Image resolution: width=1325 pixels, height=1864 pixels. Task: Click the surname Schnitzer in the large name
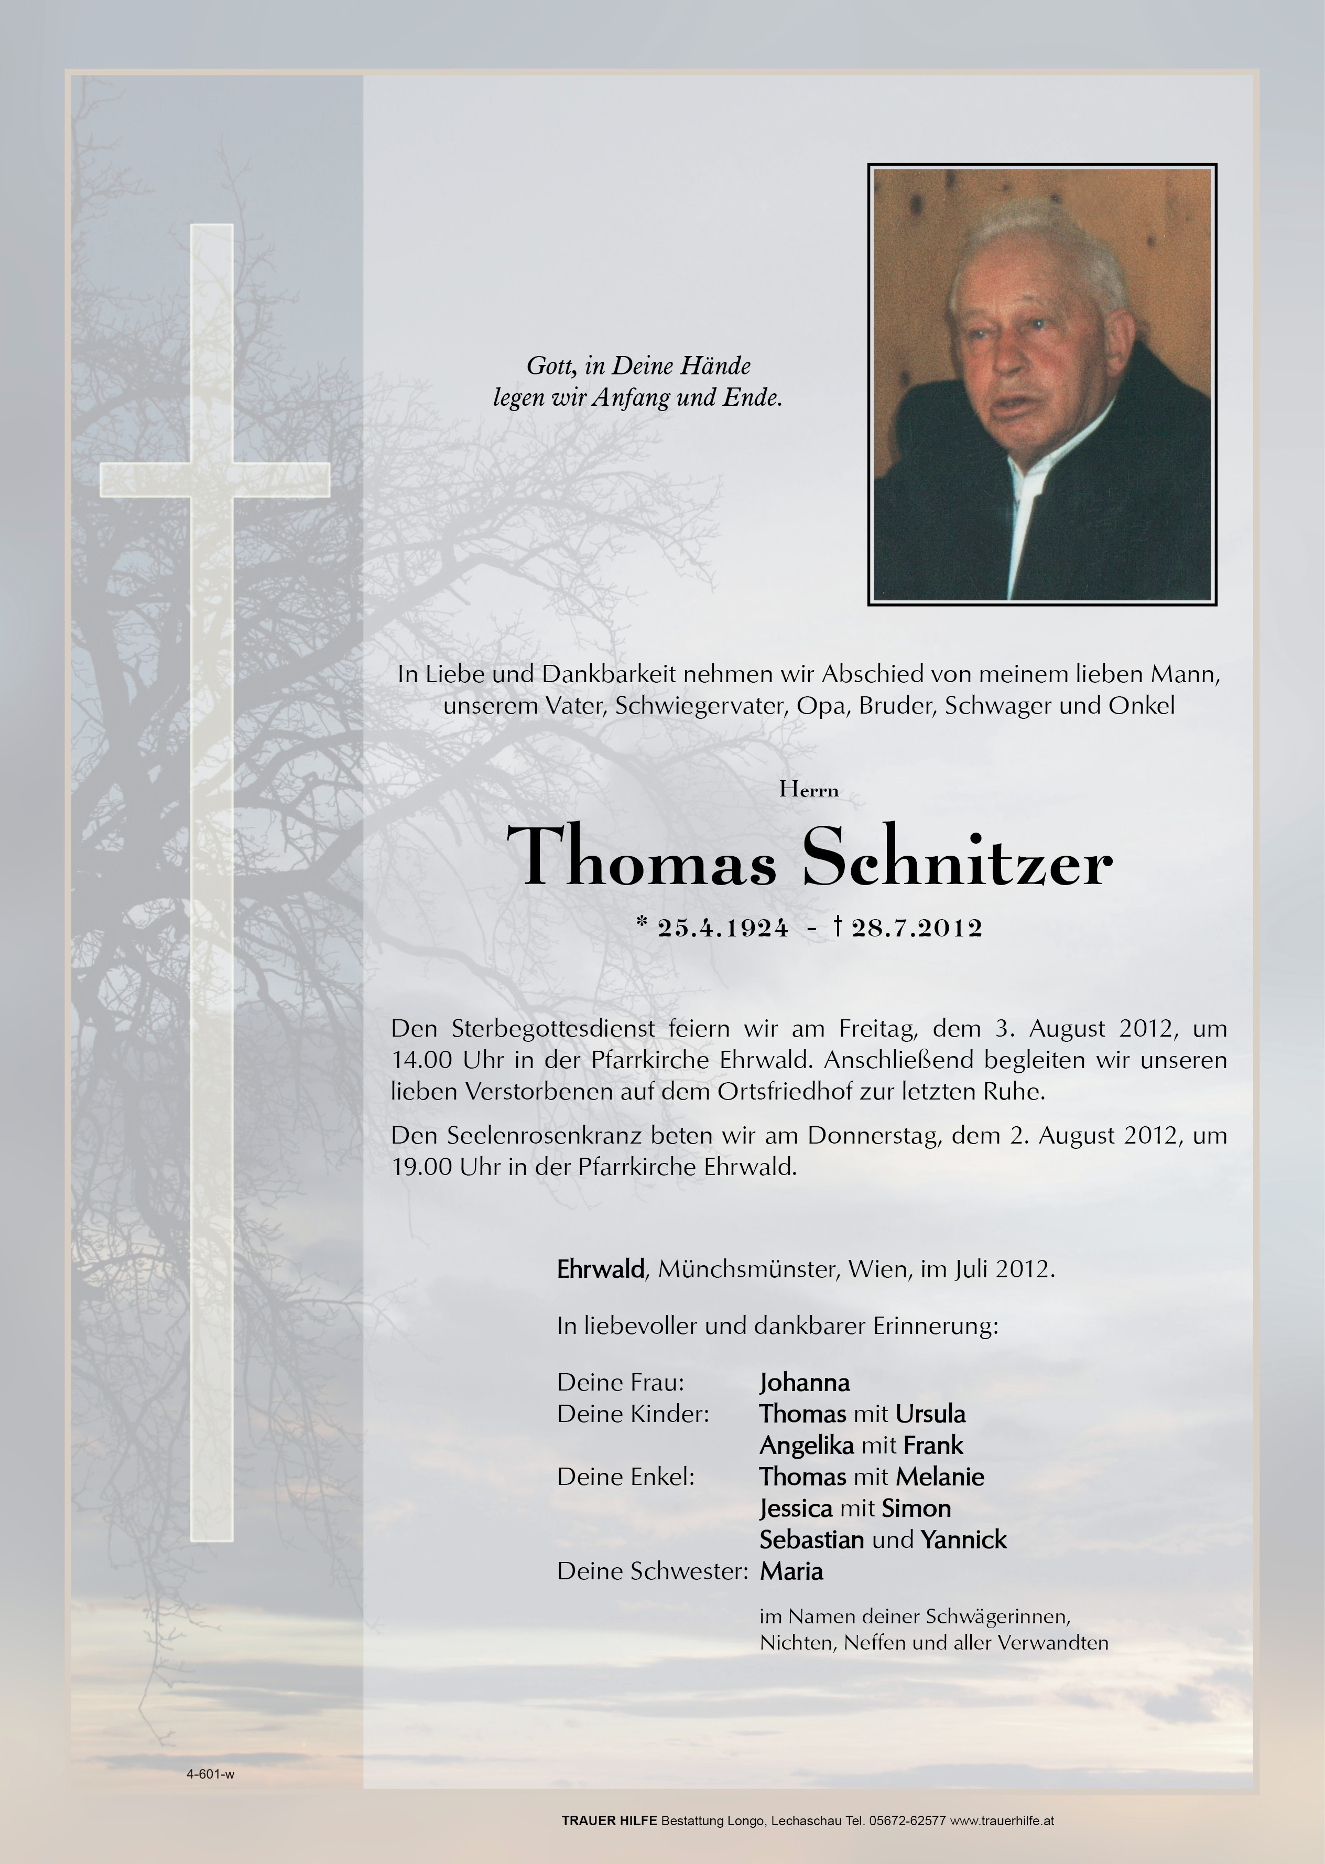[957, 857]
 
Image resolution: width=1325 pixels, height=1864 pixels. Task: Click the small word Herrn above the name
[809, 789]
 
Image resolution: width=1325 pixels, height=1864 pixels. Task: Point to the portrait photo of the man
[1042, 384]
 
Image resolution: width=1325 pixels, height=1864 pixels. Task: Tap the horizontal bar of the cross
[214, 479]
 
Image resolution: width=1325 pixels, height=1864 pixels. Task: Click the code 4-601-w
[211, 1773]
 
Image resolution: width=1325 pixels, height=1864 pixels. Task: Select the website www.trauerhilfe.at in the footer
[1002, 1820]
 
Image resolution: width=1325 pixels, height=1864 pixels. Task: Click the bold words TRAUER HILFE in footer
[609, 1820]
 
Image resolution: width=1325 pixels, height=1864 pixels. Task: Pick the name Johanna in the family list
[805, 1383]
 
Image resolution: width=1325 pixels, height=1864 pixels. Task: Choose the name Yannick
[963, 1539]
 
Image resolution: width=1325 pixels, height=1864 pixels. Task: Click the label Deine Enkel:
[626, 1477]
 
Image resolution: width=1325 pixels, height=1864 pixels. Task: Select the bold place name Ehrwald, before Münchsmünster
[601, 1269]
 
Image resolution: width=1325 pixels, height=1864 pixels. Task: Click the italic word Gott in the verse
[548, 365]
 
